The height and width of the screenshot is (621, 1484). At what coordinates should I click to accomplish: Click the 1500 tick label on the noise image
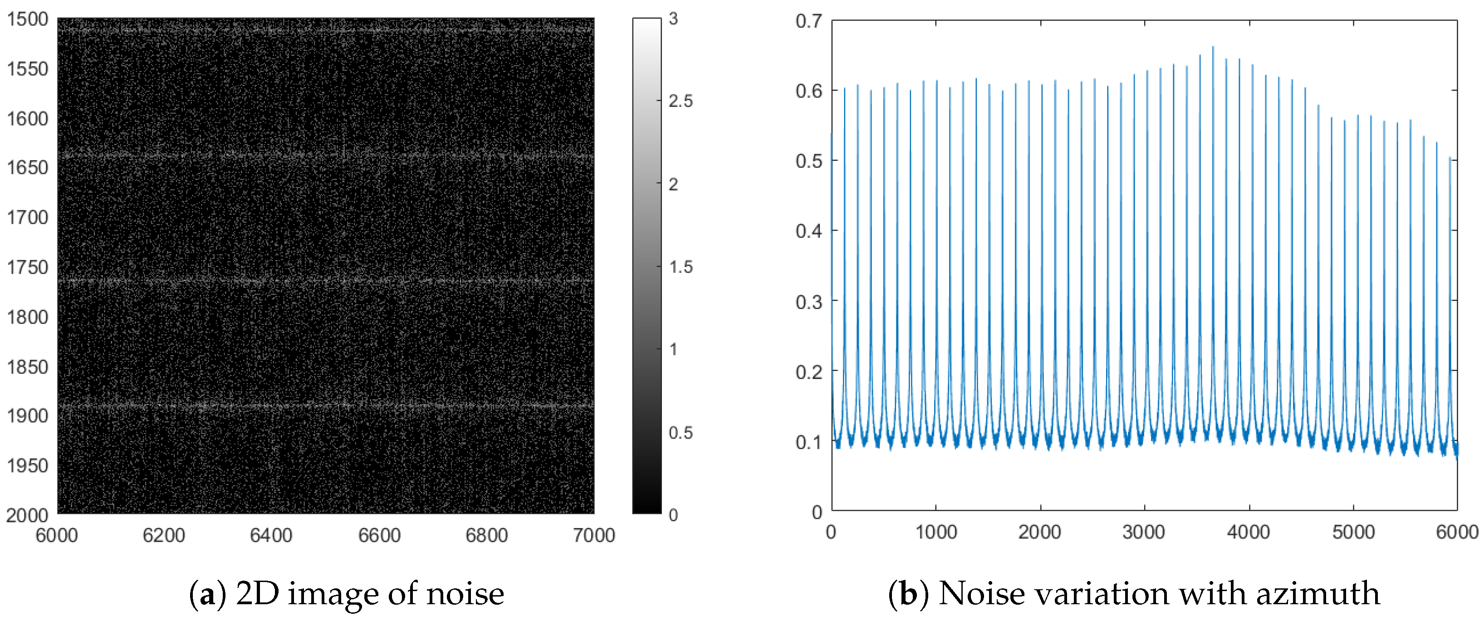click(27, 19)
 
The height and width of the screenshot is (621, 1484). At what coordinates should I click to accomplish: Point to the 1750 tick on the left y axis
click(27, 267)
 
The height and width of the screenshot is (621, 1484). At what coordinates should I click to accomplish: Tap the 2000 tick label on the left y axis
click(27, 515)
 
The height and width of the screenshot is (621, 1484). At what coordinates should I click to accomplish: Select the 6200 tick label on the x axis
click(164, 536)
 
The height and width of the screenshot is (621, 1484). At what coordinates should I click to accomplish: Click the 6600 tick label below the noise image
click(379, 536)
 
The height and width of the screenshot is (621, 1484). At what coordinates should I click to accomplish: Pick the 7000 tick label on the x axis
click(593, 536)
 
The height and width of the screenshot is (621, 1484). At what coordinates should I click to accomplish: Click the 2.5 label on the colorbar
click(681, 101)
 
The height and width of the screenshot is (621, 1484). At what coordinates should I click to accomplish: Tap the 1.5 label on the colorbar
click(681, 267)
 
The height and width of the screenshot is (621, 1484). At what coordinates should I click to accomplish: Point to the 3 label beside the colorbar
click(673, 19)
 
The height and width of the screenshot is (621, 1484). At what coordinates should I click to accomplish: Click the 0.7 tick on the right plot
click(808, 21)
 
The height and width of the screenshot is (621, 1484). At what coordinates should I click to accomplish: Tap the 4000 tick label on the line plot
click(1249, 532)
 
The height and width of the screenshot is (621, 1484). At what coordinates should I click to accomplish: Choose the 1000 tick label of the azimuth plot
click(936, 532)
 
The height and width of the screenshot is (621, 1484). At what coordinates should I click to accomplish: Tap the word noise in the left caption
click(465, 594)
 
